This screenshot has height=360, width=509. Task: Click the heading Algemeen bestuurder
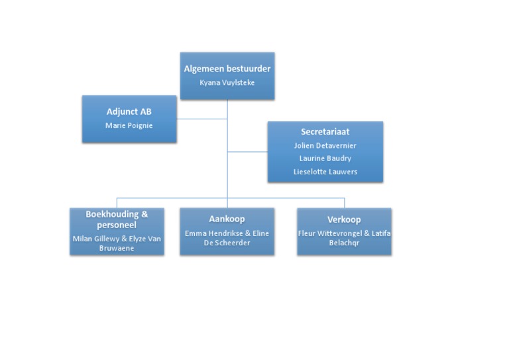[x=227, y=68]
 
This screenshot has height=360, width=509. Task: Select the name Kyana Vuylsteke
[x=227, y=83]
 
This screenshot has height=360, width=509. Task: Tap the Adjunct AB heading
[x=129, y=111]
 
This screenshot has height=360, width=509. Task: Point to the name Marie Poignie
[x=129, y=125]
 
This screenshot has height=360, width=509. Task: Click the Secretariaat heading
[x=325, y=132]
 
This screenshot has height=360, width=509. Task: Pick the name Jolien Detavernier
[x=325, y=145]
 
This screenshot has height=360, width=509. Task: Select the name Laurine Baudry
[x=325, y=158]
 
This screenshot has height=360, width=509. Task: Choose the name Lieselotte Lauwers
[x=325, y=172]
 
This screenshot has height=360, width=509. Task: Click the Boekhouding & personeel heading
[x=117, y=219]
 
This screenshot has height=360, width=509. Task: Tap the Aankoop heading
[x=227, y=219]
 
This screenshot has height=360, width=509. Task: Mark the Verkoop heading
[x=344, y=219]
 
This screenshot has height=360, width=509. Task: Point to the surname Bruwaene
[x=117, y=247]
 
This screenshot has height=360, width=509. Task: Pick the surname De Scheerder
[x=227, y=243]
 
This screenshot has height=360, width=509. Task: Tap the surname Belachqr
[x=344, y=243]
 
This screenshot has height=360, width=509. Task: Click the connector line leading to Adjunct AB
[x=202, y=119]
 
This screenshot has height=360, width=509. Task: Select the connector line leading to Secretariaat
[x=247, y=152]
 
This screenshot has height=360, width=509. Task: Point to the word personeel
[x=117, y=224]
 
